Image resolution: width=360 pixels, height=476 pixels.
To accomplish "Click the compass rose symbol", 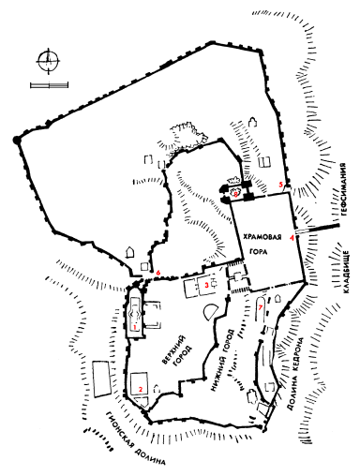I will (x=44, y=63).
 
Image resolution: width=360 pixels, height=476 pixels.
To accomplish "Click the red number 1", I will (x=137, y=328).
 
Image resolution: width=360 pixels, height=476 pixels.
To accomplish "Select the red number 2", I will (x=140, y=389).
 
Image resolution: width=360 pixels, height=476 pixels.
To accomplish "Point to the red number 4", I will (x=292, y=239).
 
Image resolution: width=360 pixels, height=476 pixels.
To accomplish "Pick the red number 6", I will (x=160, y=273).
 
